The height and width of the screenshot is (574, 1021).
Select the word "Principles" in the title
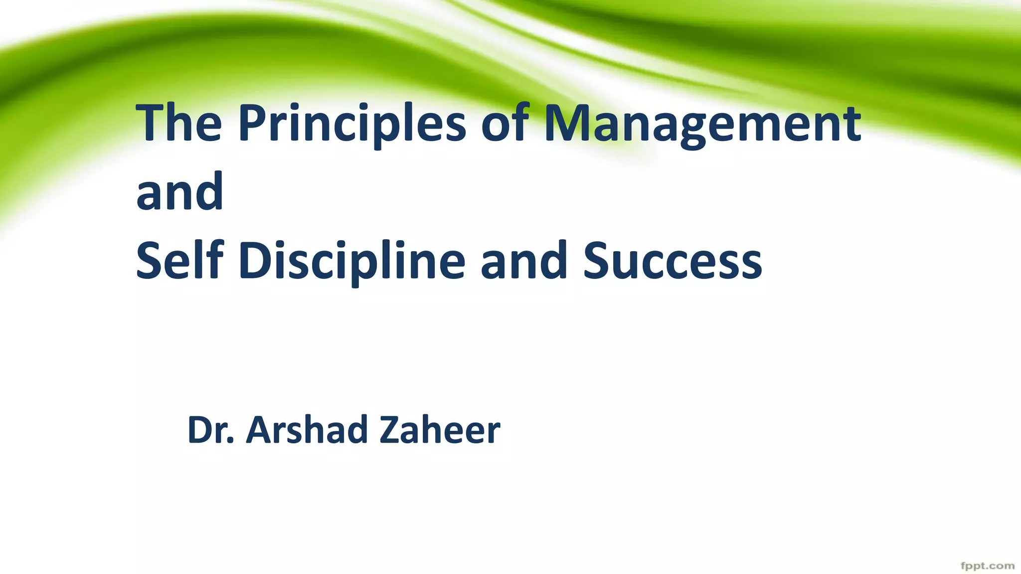click(352, 125)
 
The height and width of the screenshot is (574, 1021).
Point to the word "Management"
click(702, 125)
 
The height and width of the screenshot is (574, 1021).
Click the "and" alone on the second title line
click(179, 192)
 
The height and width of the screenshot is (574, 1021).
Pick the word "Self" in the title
click(179, 260)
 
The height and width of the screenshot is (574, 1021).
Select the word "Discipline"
click(352, 262)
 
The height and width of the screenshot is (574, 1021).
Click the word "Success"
click(673, 261)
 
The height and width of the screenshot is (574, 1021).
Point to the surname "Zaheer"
click(439, 430)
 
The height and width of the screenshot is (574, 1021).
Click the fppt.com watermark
click(987, 566)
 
